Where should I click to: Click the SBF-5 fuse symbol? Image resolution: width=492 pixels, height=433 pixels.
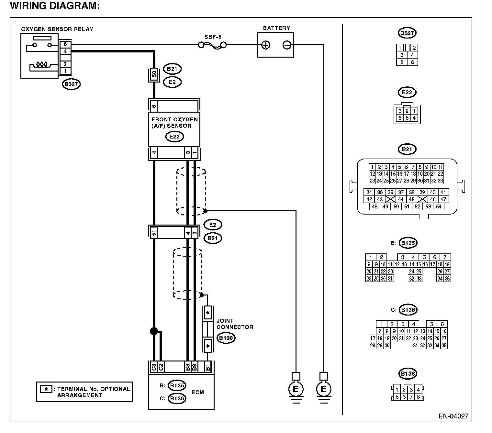212,45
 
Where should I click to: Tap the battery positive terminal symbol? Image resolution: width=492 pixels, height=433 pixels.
265,45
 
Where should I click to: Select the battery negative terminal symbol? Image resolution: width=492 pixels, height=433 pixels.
287,45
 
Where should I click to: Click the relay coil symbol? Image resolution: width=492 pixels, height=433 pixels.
41,65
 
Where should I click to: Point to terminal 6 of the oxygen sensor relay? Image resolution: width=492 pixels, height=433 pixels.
65,44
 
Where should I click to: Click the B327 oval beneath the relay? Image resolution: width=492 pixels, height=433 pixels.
71,84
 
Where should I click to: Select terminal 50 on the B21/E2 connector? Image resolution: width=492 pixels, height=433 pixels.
154,74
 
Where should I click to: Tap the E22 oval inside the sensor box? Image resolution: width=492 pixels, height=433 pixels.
174,137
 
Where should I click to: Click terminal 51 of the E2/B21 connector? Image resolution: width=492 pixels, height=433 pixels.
154,233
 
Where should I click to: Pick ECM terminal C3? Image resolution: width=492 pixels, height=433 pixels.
154,367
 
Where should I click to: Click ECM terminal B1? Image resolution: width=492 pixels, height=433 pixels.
207,367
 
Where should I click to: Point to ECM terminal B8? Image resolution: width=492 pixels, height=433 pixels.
187,367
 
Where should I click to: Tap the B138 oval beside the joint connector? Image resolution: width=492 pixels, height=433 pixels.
226,338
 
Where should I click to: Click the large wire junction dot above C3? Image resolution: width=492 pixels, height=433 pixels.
154,331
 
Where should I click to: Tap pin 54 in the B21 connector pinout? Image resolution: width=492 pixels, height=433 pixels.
438,206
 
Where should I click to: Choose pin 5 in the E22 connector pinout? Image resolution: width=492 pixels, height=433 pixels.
407,118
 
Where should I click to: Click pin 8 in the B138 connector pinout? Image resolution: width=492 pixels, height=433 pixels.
418,396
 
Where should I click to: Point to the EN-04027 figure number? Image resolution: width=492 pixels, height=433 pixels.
453,416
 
